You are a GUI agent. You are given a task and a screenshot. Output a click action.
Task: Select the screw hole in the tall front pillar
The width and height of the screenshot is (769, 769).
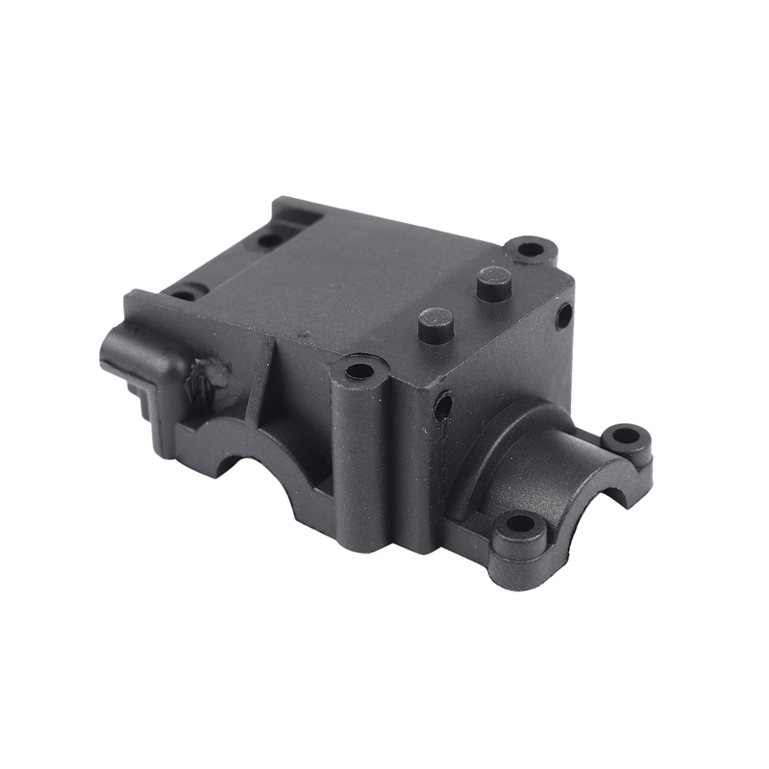pos(359,371)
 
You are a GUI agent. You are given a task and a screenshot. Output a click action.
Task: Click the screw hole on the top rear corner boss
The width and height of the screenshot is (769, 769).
pos(531,249)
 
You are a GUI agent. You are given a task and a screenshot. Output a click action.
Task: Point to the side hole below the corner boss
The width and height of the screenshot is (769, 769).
pos(563,314)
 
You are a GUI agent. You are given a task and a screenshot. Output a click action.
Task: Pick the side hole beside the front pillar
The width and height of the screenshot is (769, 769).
pos(442,406)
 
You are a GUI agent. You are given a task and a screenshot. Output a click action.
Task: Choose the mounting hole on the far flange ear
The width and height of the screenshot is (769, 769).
pos(626,435)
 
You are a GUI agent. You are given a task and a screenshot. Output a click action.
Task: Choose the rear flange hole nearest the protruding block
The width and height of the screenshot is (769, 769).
pos(183,290)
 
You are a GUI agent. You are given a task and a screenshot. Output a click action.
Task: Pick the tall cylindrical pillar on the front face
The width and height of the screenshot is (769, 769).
pos(360,452)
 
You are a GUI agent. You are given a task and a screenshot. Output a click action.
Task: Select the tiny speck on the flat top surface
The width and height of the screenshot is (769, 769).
pos(304,335)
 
